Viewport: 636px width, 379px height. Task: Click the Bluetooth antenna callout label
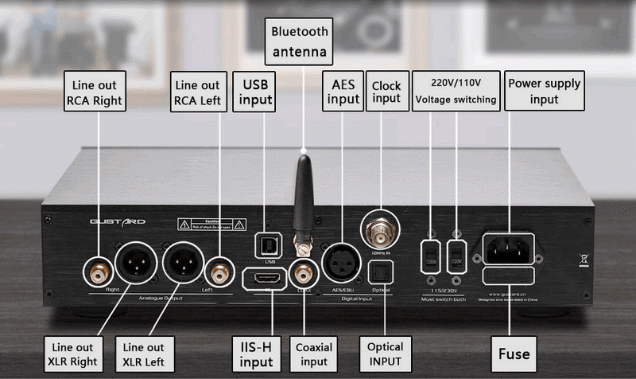[x=300, y=41]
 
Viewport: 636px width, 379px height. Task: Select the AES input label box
[x=343, y=92]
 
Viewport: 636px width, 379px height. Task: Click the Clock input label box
[x=386, y=92]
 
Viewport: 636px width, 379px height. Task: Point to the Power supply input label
[x=545, y=92]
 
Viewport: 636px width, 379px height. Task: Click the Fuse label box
[x=514, y=354]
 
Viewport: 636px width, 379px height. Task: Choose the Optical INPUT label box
[x=386, y=354]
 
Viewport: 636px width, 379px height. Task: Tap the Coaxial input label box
[x=314, y=354]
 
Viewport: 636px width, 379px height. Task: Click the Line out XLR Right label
[x=74, y=354]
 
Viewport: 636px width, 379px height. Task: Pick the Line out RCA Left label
[x=197, y=92]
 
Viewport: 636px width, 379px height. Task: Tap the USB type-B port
[x=266, y=242]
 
